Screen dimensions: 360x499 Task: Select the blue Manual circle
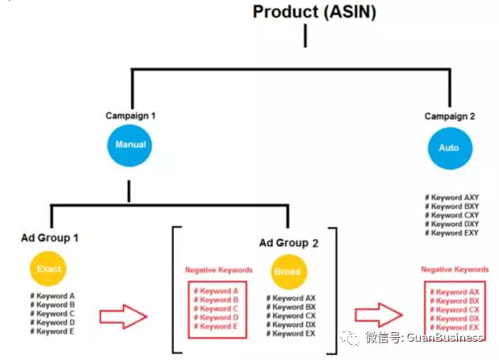(x=130, y=145)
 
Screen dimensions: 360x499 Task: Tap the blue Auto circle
(x=448, y=147)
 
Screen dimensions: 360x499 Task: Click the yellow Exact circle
(x=49, y=268)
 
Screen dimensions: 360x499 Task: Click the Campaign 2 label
(x=449, y=116)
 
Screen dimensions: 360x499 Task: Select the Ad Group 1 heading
(x=50, y=237)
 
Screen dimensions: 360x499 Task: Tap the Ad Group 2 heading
(x=289, y=244)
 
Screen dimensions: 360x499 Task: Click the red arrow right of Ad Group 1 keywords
(x=123, y=317)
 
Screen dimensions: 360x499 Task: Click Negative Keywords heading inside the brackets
(x=218, y=270)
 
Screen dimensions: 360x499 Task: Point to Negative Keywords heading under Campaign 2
(x=455, y=270)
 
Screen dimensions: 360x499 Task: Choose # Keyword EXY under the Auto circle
(x=452, y=233)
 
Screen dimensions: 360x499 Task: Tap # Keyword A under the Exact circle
(x=53, y=297)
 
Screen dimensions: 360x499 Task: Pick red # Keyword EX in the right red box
(x=456, y=327)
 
